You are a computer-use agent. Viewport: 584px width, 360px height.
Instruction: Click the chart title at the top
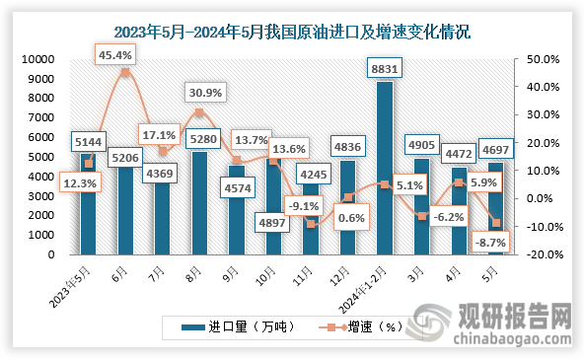pyautogui.click(x=292, y=31)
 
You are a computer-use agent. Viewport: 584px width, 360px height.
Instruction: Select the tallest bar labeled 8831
pyautogui.click(x=384, y=168)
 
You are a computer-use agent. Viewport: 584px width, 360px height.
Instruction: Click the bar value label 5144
pyautogui.click(x=92, y=139)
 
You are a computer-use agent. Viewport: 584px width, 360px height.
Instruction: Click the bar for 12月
pyautogui.click(x=346, y=207)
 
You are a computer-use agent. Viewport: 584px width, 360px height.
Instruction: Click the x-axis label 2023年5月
pyautogui.click(x=75, y=280)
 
